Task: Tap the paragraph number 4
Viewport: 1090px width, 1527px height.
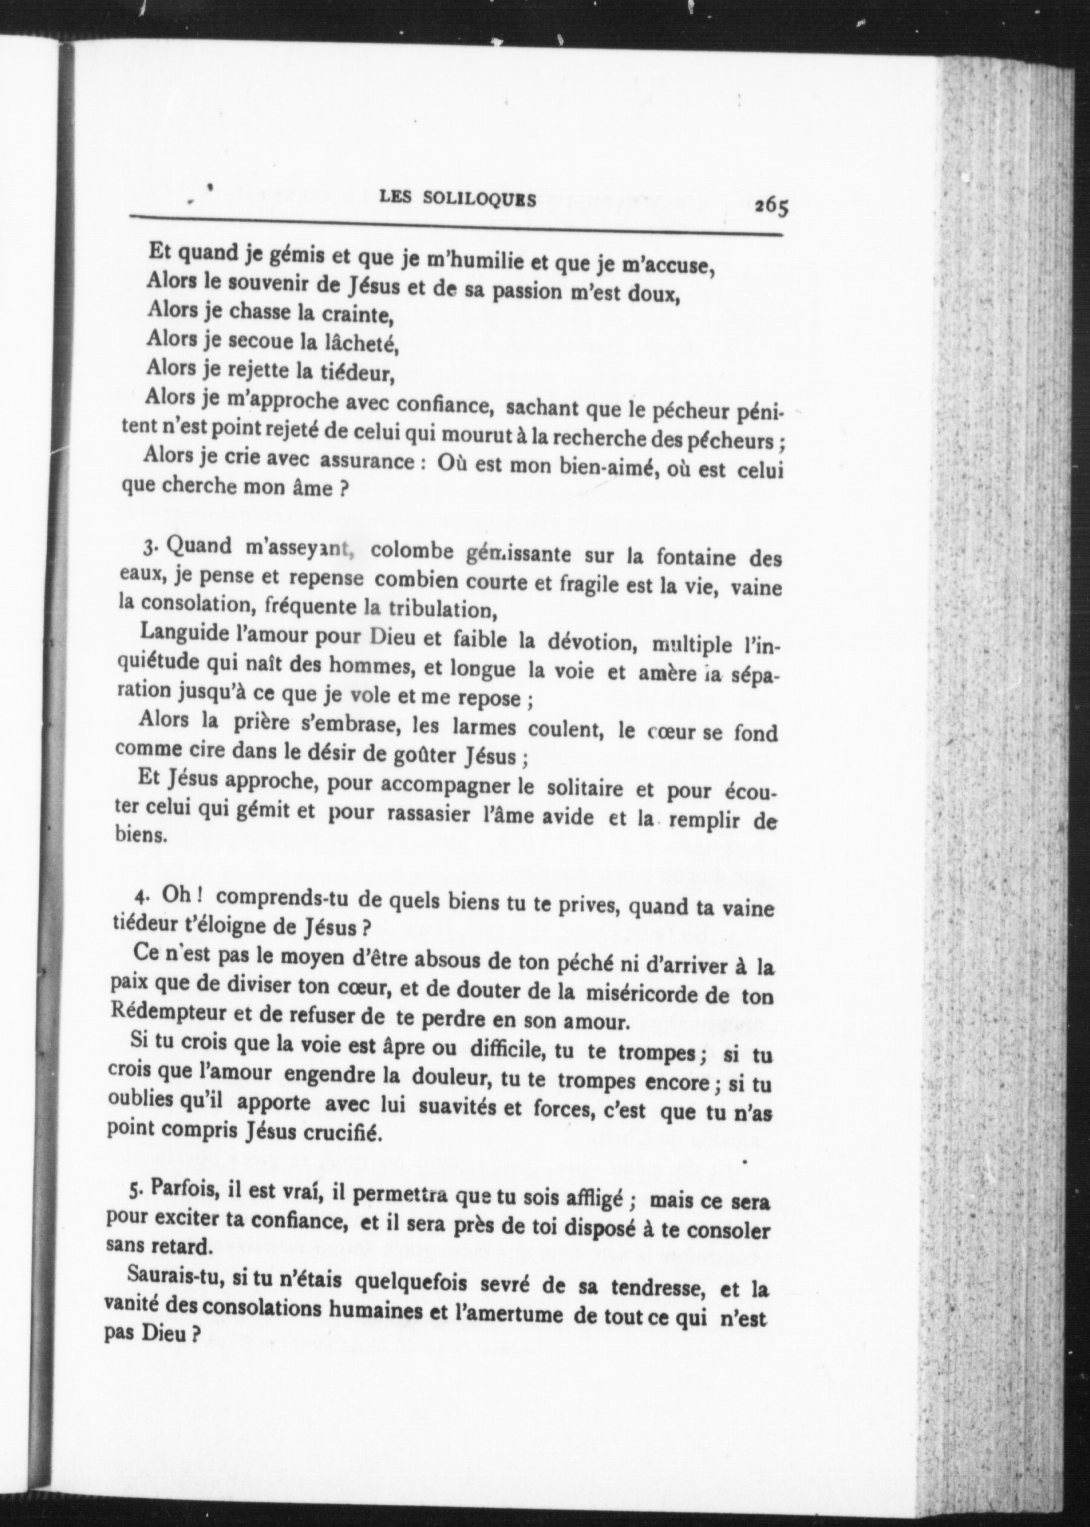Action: point(140,897)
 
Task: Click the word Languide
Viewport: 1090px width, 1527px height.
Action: point(179,634)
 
